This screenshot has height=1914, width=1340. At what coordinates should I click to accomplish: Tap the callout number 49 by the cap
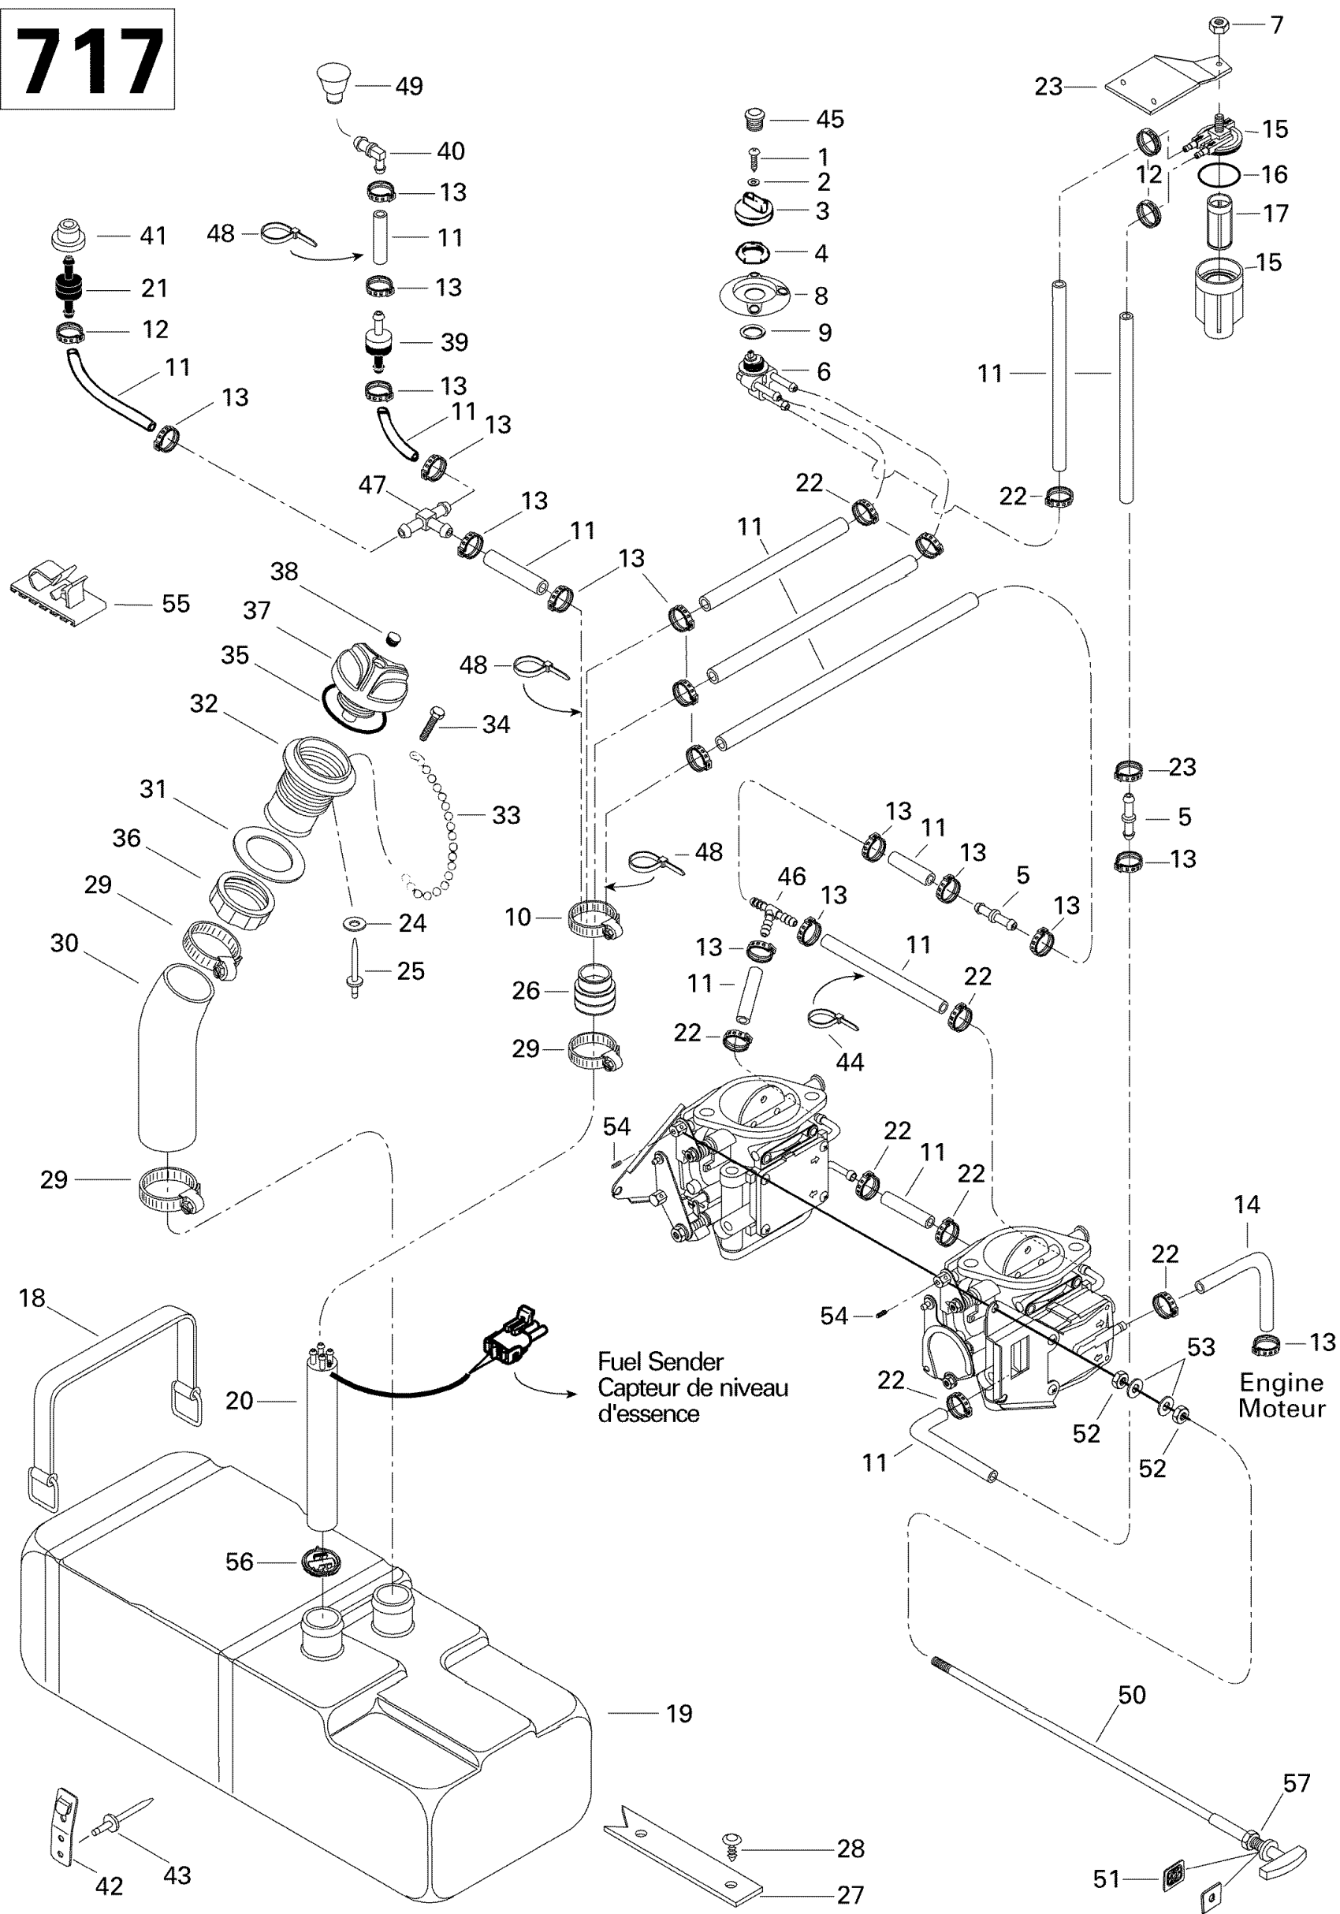click(x=409, y=86)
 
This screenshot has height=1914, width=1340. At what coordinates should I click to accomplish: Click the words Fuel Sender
click(x=661, y=1362)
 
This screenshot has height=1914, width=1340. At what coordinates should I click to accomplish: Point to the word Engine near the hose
click(x=1281, y=1383)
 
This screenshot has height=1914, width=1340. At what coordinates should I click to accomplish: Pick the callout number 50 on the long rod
click(x=1132, y=1695)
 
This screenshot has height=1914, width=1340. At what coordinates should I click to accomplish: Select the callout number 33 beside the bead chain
click(x=506, y=814)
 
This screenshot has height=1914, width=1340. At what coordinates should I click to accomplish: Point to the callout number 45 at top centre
click(x=830, y=119)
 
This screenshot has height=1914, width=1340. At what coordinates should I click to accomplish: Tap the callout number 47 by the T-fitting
click(x=372, y=484)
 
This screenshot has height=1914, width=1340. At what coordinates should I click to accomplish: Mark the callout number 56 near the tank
click(x=239, y=1562)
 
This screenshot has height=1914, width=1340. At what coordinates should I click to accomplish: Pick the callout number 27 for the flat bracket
click(x=850, y=1895)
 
